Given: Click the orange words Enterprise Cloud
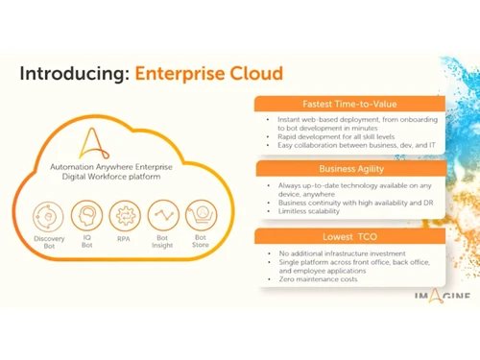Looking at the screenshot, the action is [x=209, y=73].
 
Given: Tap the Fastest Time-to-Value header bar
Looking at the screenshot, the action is [x=349, y=104].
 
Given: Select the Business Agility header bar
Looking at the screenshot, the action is [x=349, y=168].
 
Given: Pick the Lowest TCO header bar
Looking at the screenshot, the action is [x=349, y=234].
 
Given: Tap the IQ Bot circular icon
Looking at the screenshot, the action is [x=86, y=214].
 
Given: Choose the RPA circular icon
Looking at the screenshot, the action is [x=125, y=214].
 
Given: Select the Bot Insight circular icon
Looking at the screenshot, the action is [x=163, y=214].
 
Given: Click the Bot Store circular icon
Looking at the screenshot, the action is [x=201, y=213].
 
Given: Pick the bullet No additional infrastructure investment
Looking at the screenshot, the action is [x=345, y=252].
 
